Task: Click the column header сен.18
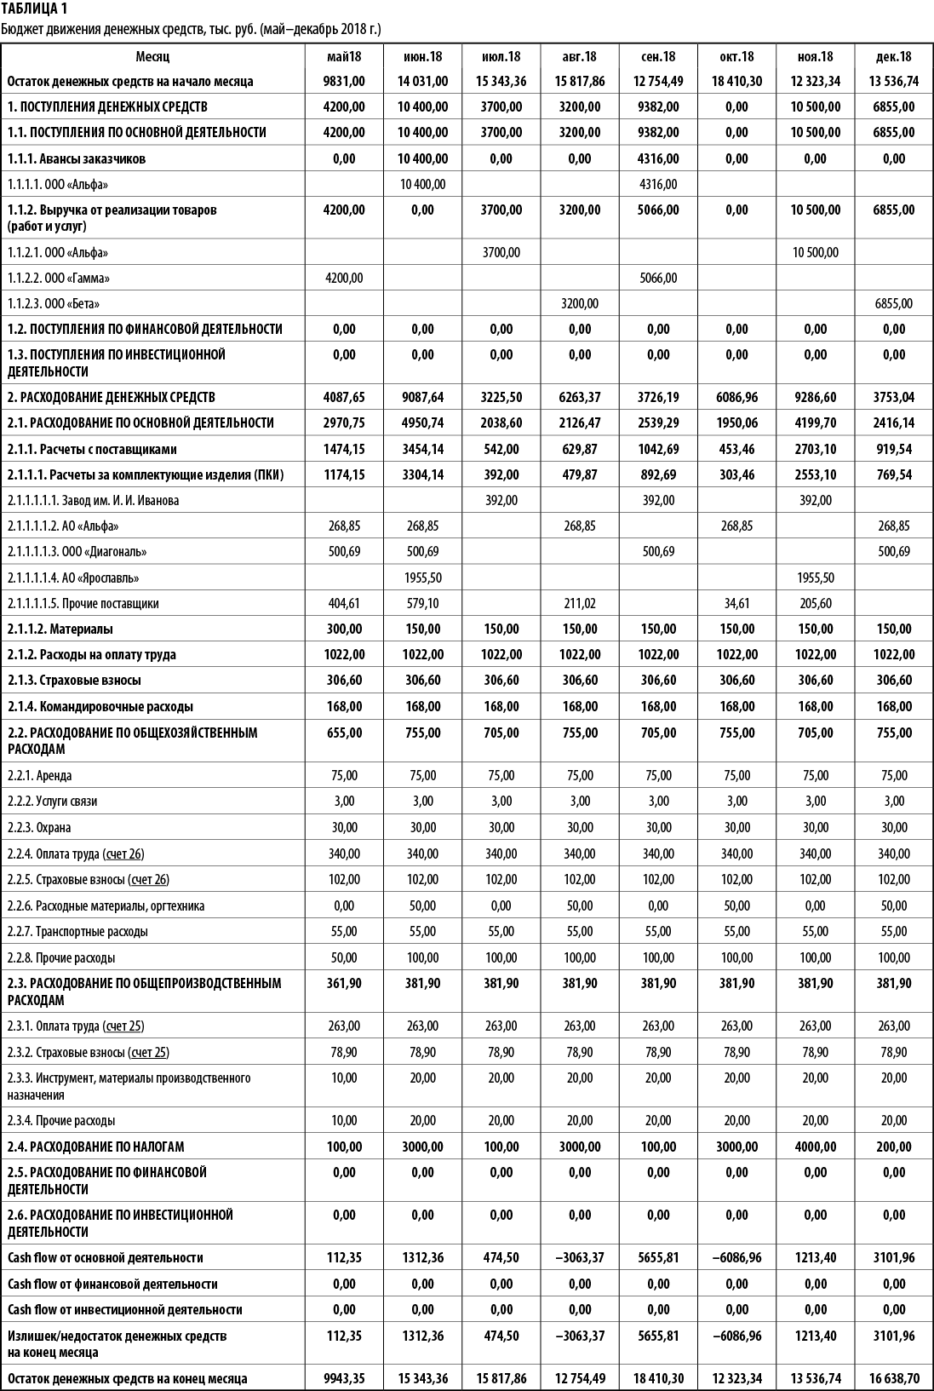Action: [x=658, y=56]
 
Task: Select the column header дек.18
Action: [x=893, y=56]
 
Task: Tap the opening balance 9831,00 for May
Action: [x=344, y=82]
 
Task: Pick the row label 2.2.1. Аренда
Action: [x=40, y=776]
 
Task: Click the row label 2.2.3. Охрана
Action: [x=39, y=828]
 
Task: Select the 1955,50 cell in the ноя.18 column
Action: [x=815, y=578]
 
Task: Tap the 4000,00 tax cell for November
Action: [x=816, y=1147]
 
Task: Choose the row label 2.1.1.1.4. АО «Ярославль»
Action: [x=73, y=578]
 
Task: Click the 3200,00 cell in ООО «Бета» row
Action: [x=579, y=304]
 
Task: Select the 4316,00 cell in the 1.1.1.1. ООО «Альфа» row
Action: [x=658, y=184]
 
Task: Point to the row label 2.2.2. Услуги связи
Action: [x=53, y=802]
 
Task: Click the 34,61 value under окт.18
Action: [x=736, y=603]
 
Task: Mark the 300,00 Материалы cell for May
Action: [x=344, y=629]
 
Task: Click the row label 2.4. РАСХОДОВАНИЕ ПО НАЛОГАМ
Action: [x=96, y=1147]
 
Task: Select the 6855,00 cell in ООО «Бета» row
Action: [x=893, y=304]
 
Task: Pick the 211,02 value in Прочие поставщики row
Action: [x=579, y=603]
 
